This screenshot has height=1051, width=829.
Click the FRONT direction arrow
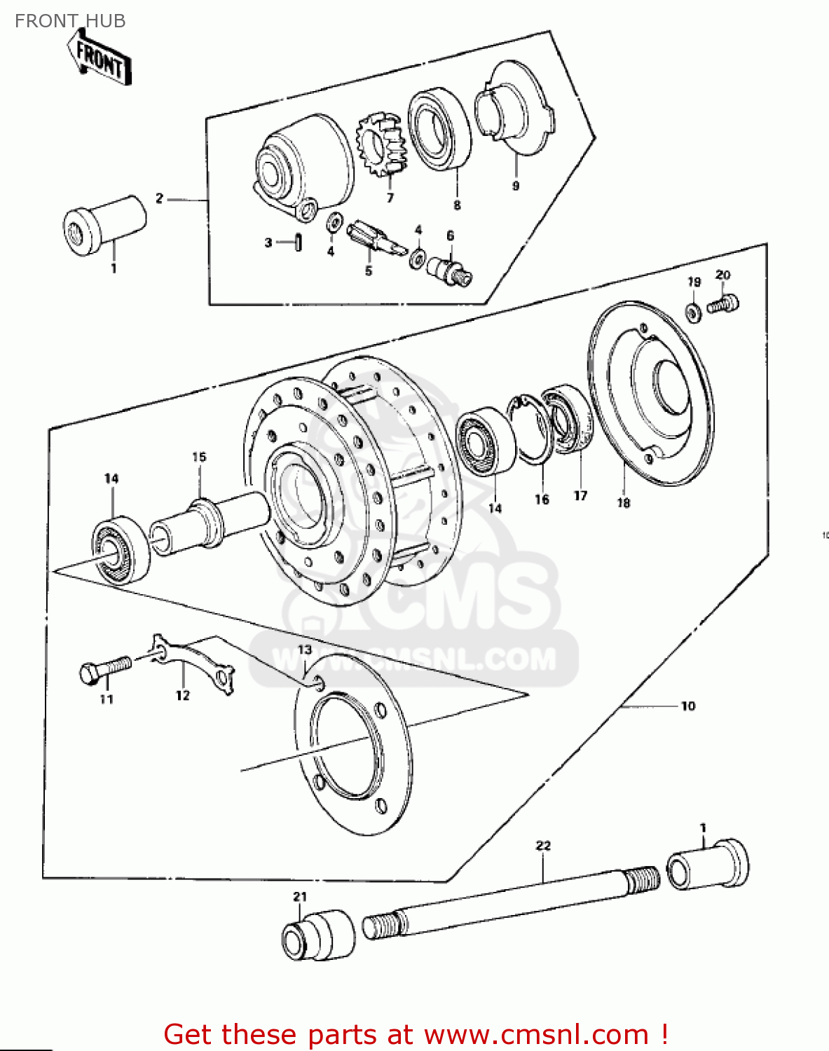point(100,60)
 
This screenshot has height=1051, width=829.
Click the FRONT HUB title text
point(70,21)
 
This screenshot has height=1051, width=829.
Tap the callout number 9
point(516,186)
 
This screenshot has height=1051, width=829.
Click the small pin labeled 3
point(299,242)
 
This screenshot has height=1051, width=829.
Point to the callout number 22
point(543,846)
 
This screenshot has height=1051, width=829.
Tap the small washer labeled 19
point(693,312)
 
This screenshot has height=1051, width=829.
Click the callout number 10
point(688,706)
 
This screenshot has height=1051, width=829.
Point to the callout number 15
point(199,458)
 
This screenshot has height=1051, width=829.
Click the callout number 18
point(623,502)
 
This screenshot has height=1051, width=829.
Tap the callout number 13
point(304,650)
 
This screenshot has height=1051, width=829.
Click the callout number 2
point(159,198)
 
